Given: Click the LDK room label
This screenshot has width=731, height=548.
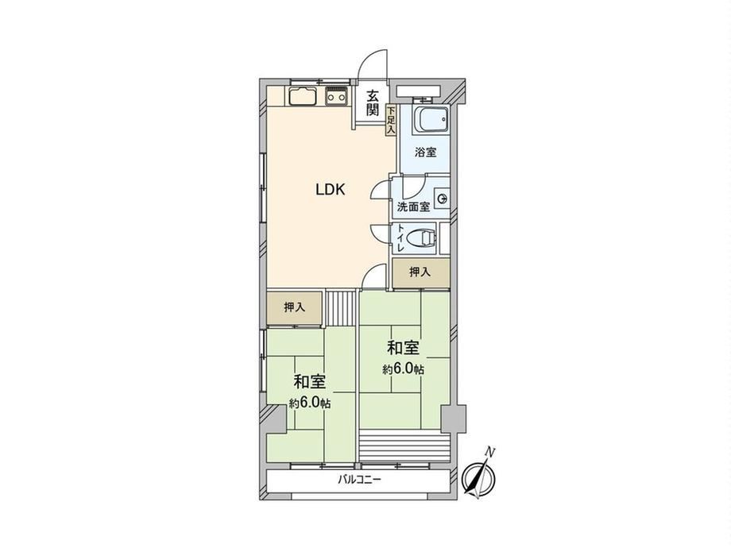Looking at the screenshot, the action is click(330, 189).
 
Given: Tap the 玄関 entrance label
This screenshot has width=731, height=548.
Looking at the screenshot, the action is click(372, 103).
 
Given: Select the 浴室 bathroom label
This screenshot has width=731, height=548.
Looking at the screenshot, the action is click(425, 152).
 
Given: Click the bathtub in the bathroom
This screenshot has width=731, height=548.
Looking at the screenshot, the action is click(431, 120).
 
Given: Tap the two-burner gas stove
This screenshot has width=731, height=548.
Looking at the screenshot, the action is click(337, 97).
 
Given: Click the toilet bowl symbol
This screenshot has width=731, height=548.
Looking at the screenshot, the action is click(421, 238).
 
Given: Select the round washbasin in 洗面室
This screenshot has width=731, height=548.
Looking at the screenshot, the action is click(441, 199).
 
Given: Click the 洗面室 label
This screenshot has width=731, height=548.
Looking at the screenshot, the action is click(413, 207).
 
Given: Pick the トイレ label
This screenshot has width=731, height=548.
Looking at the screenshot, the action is click(400, 238).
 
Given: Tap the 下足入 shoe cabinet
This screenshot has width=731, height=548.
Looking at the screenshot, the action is click(391, 120).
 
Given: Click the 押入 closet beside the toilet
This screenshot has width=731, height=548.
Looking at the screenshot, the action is click(421, 273).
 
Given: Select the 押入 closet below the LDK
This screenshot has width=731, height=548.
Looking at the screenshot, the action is click(295, 308).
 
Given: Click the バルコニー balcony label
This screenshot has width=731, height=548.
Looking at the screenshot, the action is click(359, 479).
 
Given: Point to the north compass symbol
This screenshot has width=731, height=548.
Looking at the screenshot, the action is click(479, 477).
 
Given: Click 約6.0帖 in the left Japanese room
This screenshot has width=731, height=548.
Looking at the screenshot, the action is click(310, 403).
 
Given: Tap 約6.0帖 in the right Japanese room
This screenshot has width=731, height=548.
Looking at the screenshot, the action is click(404, 369).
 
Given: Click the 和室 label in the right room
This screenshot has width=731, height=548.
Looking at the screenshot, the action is click(404, 348).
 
